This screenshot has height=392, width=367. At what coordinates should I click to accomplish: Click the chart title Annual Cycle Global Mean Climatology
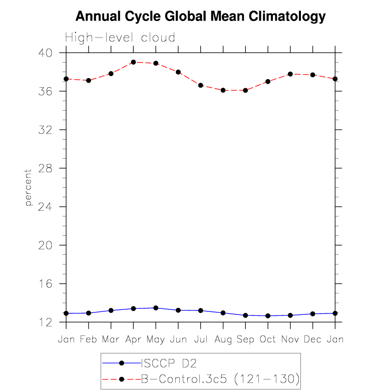200,17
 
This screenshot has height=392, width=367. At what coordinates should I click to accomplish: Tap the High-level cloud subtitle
120,38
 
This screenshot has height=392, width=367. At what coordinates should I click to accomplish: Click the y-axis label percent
28,188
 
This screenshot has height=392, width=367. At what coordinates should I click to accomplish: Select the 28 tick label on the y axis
45,169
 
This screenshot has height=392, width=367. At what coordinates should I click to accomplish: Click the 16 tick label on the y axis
45,284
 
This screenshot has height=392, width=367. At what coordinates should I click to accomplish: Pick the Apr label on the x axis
133,340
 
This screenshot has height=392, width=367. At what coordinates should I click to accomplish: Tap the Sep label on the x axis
245,340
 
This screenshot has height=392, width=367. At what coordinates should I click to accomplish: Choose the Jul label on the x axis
201,339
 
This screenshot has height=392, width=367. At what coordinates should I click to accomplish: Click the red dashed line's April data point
133,62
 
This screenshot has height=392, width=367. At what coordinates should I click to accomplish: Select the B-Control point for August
223,90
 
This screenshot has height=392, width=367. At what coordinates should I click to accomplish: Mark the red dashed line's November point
290,74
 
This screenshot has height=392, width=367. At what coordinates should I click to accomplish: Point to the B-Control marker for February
89,81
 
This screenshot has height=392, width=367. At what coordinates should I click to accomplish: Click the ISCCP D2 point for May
156,308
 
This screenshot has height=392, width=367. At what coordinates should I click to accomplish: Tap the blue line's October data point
268,316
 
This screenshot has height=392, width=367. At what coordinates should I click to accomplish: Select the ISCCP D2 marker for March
111,310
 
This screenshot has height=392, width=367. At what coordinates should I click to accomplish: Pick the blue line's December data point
312,314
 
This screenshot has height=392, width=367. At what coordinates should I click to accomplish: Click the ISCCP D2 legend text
169,363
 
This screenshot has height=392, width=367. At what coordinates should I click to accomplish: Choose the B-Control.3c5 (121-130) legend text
220,379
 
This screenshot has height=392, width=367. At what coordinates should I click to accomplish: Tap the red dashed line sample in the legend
122,379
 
